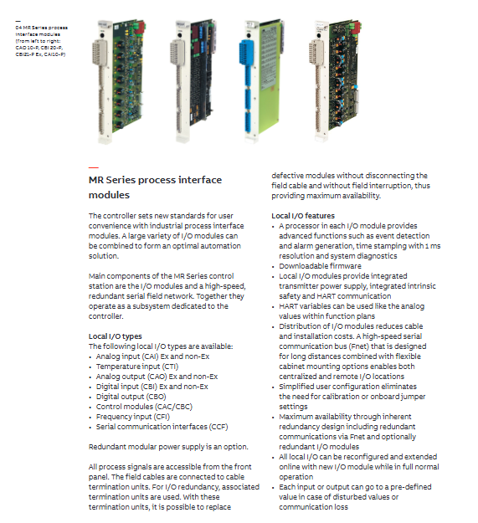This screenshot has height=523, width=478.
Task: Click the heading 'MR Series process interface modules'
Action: (x=155, y=187)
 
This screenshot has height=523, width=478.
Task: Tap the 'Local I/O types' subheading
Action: (x=115, y=336)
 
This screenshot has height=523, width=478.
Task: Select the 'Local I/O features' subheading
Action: (x=303, y=216)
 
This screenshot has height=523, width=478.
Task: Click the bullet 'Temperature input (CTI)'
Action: (x=137, y=367)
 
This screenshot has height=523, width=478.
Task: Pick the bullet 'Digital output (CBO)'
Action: (x=131, y=397)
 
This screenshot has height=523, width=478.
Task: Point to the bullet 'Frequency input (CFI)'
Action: (x=133, y=417)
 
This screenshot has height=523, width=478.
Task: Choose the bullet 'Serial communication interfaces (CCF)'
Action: (x=162, y=427)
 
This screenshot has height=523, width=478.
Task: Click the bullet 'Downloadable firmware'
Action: (x=321, y=266)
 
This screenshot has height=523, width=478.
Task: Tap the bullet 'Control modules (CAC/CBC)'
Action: (x=144, y=407)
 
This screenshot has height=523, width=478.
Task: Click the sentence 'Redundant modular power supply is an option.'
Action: (x=168, y=447)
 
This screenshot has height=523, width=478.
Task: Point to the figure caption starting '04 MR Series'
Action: (x=41, y=41)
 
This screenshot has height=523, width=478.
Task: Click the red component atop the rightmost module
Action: (x=357, y=26)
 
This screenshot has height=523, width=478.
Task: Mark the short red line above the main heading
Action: (x=94, y=167)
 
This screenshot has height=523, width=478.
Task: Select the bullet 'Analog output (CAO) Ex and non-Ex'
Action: (x=157, y=377)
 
